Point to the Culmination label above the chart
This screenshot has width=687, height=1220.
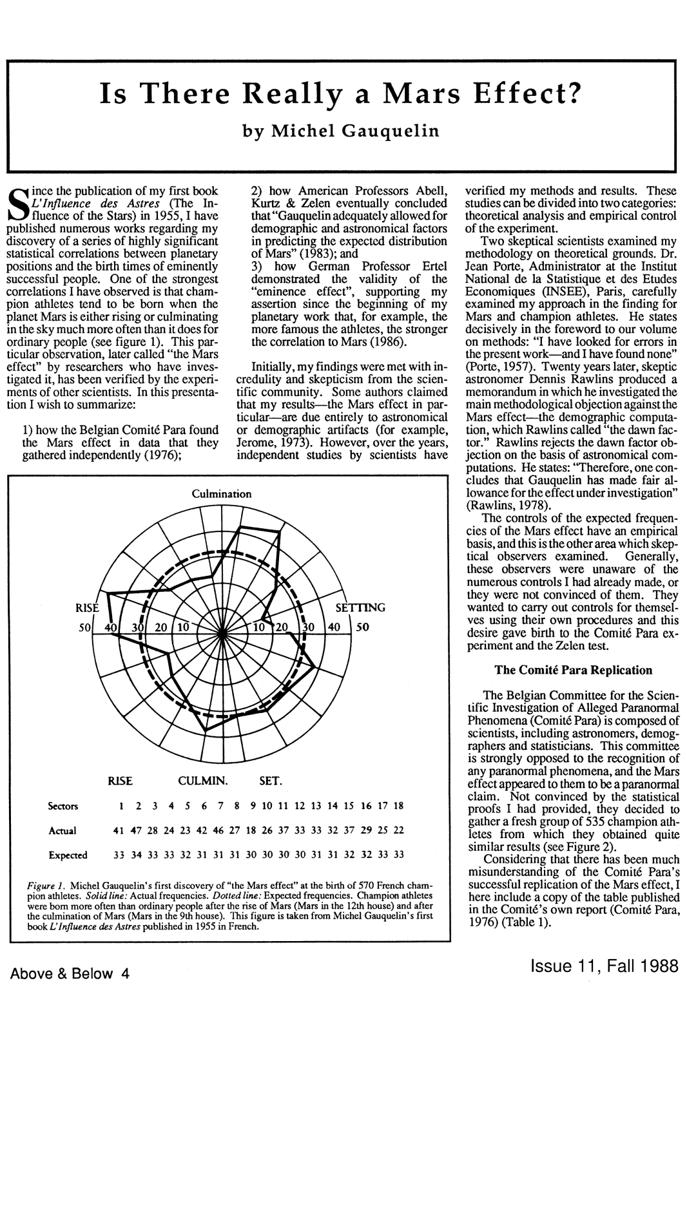[222, 494]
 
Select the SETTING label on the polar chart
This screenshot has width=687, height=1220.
[362, 607]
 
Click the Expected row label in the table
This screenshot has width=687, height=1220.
[68, 855]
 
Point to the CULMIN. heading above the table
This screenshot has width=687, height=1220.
[203, 782]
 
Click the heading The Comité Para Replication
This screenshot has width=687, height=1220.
[573, 670]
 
